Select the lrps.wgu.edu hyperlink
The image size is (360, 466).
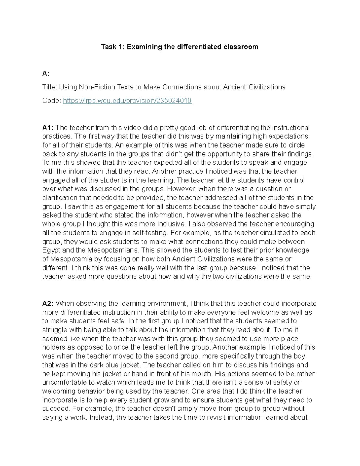click(127, 101)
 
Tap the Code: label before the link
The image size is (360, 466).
click(52, 101)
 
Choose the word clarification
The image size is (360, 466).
click(60, 198)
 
